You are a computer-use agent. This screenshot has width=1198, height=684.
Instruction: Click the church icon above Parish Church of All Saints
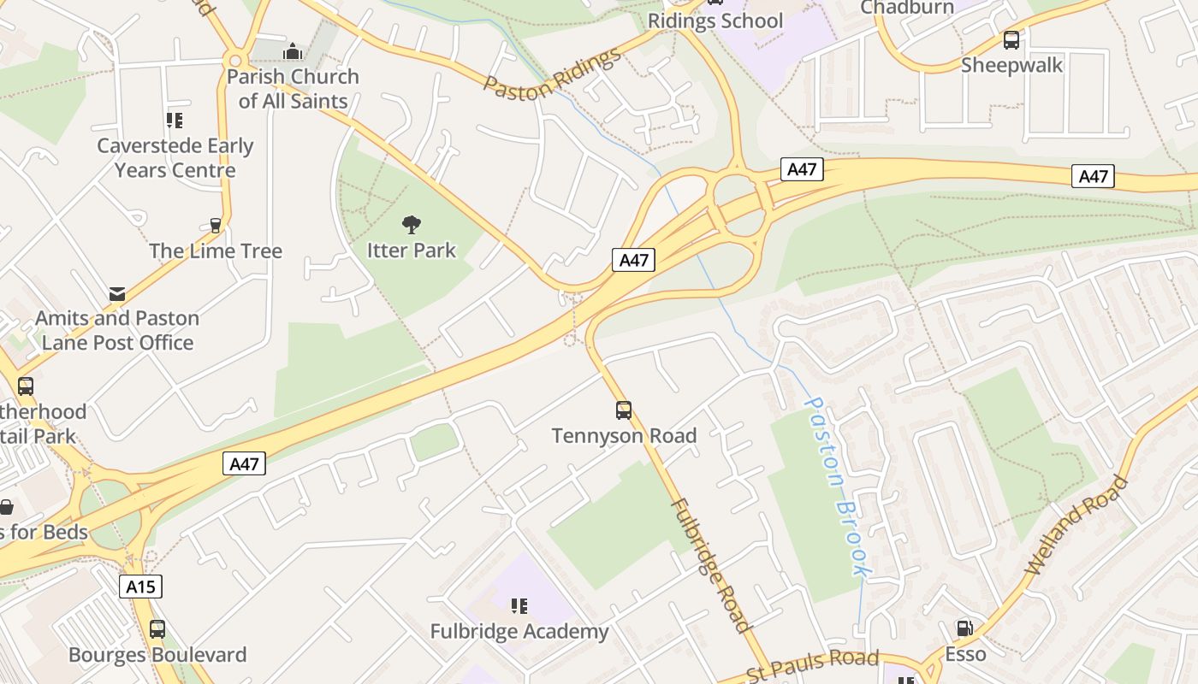(x=293, y=51)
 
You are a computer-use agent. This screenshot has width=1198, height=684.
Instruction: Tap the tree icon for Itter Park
(x=412, y=225)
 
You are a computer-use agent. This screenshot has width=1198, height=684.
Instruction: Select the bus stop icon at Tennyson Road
(x=624, y=410)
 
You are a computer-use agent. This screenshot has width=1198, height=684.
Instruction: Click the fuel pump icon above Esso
(x=964, y=628)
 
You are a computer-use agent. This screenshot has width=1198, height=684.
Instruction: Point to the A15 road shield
(x=140, y=587)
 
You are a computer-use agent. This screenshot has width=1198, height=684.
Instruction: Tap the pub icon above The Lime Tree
(x=216, y=226)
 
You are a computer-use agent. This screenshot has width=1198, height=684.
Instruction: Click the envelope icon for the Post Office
(x=117, y=294)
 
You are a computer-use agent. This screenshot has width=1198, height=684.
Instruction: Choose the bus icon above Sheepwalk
(x=1011, y=39)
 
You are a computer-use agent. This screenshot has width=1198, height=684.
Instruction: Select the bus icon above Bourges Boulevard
(x=157, y=629)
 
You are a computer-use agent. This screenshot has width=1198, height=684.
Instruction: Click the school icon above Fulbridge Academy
(x=519, y=606)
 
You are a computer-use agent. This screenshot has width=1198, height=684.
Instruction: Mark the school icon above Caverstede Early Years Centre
(x=175, y=121)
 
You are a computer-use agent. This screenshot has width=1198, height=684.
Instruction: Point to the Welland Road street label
(x=1076, y=524)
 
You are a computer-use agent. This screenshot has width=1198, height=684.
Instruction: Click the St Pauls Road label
(x=813, y=663)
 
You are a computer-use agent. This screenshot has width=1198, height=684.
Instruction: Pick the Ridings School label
(x=715, y=21)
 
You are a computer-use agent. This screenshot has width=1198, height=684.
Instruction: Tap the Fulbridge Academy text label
(x=519, y=632)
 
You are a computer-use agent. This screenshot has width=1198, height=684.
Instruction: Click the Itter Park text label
(x=412, y=251)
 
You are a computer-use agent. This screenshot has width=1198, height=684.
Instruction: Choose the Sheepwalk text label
(x=1011, y=65)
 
